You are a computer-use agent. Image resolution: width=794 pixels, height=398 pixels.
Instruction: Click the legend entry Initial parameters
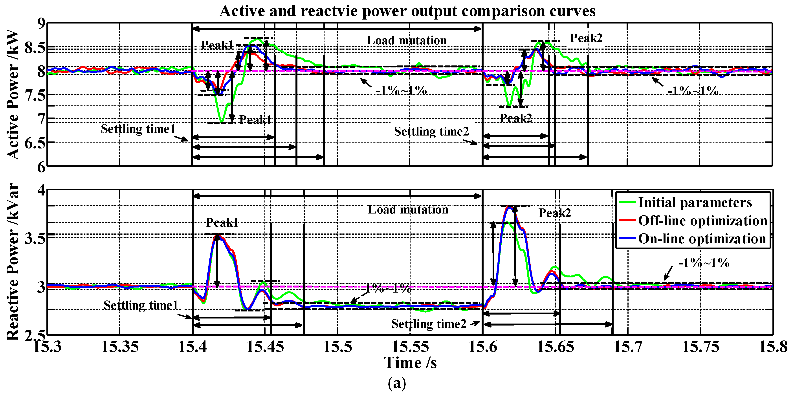point(695,203)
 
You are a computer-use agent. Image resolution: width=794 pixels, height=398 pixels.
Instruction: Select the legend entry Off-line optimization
point(702,221)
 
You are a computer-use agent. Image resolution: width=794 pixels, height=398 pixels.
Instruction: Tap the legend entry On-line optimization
point(702,239)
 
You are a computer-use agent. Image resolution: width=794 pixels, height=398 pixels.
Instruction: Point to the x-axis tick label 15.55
point(410,347)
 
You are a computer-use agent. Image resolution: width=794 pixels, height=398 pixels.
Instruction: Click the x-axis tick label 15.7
point(627,347)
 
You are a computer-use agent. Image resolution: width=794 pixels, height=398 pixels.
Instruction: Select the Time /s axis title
point(410,363)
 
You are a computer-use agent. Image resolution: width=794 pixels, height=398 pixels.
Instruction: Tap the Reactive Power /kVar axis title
point(13,262)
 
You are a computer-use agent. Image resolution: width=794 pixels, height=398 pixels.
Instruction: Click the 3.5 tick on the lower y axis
point(35,238)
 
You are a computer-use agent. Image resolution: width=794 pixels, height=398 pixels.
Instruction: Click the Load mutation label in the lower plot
point(408,209)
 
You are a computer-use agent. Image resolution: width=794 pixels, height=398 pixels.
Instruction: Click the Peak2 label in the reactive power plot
point(554,213)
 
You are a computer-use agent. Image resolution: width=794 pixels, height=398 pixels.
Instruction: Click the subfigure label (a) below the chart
point(397,384)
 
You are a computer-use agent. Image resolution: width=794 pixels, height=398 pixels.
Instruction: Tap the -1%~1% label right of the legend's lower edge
point(704,262)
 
